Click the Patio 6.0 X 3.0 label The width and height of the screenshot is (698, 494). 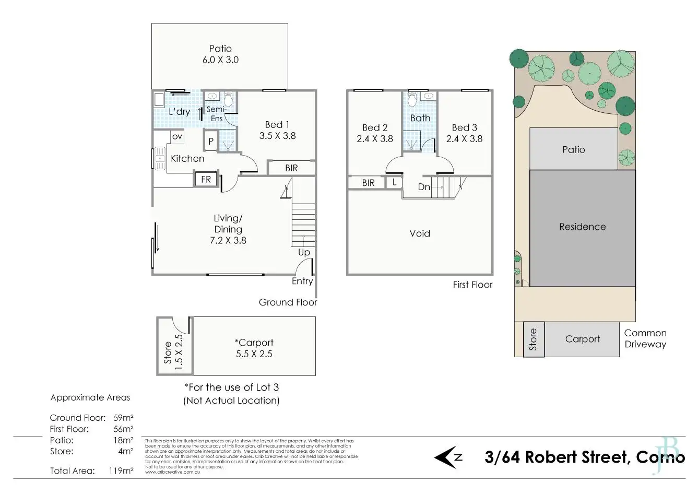tap(220, 54)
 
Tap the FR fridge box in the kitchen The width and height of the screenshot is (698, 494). tap(206, 179)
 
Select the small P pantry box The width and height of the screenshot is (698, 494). tap(211, 141)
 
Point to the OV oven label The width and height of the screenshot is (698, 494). tap(177, 136)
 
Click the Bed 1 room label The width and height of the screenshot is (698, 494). tap(277, 130)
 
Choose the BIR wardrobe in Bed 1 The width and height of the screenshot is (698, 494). tap(291, 168)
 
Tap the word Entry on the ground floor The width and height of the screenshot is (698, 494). tap(302, 281)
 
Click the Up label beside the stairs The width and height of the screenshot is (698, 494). tap(304, 252)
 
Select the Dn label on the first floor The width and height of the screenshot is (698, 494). tap(424, 186)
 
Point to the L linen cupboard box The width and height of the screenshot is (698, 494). tap(394, 182)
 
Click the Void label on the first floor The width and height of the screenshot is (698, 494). tap(420, 233)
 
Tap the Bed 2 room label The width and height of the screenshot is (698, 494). tap(375, 133)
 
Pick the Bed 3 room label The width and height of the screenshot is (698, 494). tap(464, 133)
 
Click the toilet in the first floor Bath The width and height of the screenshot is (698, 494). tap(412, 98)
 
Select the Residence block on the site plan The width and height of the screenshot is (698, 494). tap(583, 227)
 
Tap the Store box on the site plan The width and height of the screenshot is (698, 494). tap(534, 339)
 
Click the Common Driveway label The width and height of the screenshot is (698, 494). tap(645, 338)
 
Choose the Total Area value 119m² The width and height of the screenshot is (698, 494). tap(123, 471)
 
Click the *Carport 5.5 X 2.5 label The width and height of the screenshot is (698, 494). tap(254, 348)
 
